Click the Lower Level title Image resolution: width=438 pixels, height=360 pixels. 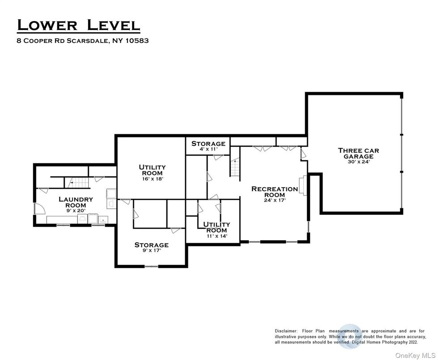(x=78, y=25)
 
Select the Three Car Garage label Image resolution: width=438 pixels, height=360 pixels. (x=358, y=153)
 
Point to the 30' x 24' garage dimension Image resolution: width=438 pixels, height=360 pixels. (x=358, y=162)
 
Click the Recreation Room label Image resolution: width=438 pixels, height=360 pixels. (x=275, y=192)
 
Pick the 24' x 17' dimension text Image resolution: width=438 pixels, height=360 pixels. (x=275, y=200)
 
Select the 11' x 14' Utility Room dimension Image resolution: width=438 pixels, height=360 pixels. (x=217, y=236)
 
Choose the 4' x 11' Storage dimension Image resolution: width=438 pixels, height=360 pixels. (x=208, y=149)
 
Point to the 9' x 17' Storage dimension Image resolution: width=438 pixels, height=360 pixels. (x=151, y=251)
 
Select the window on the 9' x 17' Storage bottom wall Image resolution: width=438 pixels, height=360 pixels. (x=151, y=266)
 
